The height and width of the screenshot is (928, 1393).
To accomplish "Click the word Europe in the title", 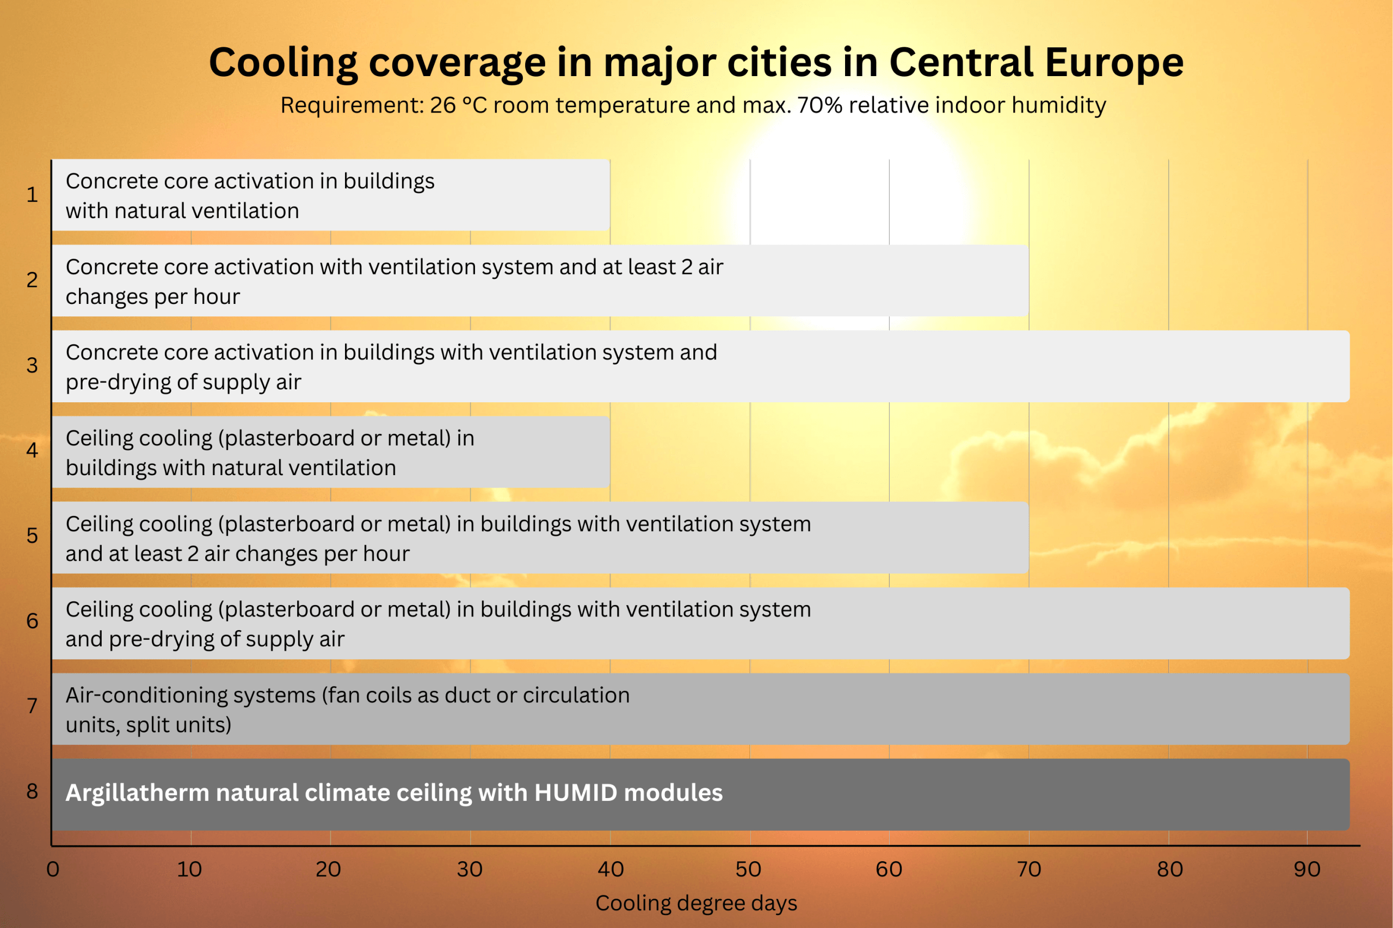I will click(1113, 63).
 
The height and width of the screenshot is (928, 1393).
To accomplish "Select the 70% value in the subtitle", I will click(819, 105).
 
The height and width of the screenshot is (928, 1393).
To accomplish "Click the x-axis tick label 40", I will click(611, 869).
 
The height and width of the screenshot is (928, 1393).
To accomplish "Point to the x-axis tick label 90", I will click(1307, 869).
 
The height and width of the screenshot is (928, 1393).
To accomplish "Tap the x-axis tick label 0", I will click(53, 869).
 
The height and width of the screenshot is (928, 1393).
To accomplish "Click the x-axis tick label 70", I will click(1030, 869).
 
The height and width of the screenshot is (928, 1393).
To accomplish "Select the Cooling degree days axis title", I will click(696, 903).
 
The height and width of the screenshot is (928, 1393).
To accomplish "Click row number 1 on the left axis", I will click(32, 195).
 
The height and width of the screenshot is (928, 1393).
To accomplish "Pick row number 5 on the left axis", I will click(32, 535).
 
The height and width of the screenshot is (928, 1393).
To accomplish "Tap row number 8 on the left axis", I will click(32, 792).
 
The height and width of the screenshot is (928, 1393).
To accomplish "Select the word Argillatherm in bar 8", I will click(137, 793).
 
